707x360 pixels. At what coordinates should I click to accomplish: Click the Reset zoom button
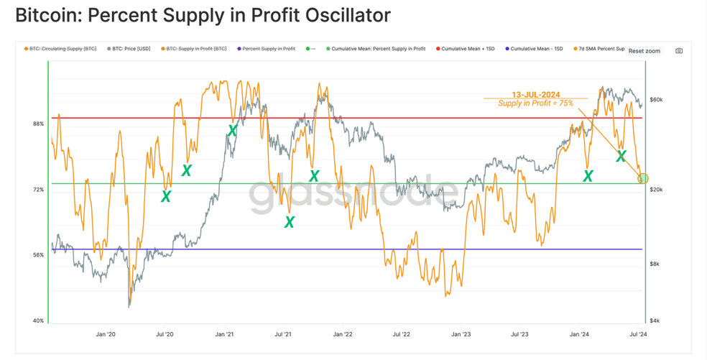click(644, 51)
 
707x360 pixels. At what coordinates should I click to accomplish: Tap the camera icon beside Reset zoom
click(679, 51)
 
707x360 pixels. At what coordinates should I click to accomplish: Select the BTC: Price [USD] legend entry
click(129, 49)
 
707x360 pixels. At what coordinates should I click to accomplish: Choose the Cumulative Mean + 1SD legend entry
click(465, 49)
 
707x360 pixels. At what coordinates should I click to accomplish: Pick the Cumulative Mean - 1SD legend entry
click(534, 49)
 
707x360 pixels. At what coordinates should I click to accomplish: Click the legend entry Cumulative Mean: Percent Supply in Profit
click(376, 49)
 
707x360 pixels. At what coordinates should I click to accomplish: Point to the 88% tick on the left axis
click(38, 124)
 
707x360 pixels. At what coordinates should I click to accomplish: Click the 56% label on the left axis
click(38, 255)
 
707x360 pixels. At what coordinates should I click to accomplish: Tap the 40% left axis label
click(38, 320)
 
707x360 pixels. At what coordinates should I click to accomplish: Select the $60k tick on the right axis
click(656, 100)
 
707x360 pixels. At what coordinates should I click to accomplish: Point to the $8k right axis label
click(655, 264)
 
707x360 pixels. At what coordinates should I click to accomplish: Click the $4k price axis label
click(655, 320)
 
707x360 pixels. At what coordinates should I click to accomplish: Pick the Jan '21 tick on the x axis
click(224, 334)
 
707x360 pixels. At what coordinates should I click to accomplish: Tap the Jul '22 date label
click(401, 334)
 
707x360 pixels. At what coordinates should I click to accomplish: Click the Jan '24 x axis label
click(579, 334)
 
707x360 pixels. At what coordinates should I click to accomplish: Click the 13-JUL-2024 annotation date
click(536, 95)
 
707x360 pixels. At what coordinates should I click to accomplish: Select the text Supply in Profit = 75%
click(536, 103)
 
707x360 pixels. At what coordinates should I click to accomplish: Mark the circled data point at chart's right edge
click(643, 179)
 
